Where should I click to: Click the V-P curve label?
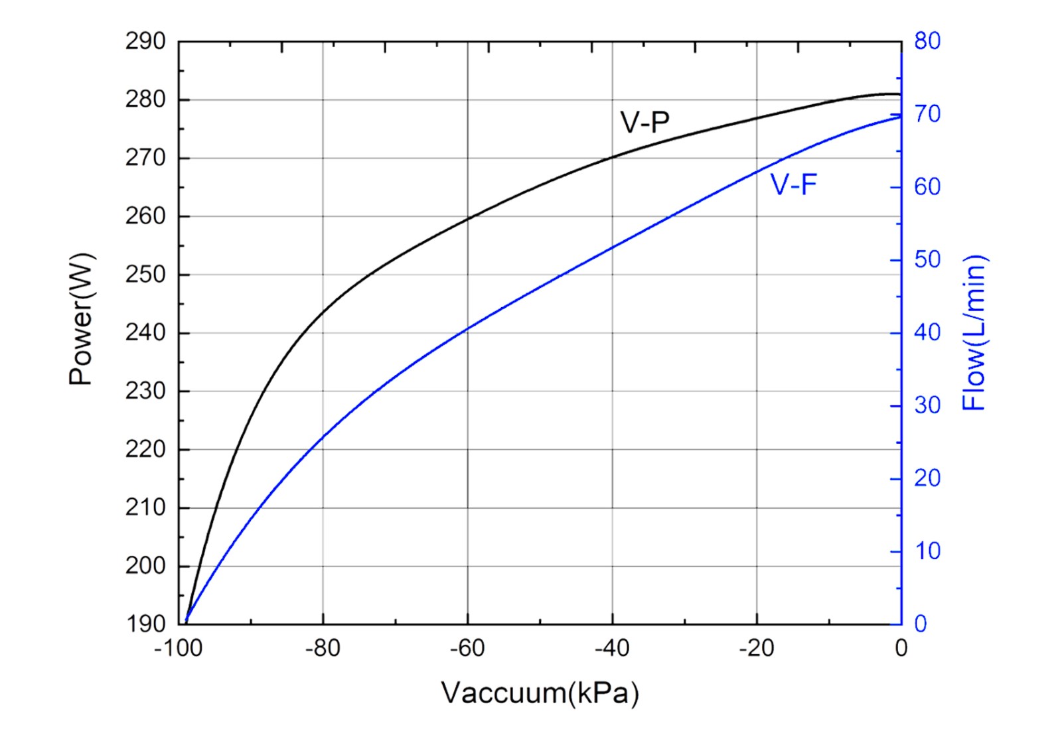(645, 122)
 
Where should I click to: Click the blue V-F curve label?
(793, 184)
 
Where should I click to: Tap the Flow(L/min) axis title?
(974, 333)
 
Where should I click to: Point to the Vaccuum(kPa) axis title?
(540, 693)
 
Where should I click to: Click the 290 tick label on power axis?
(145, 42)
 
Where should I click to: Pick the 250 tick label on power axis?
(145, 275)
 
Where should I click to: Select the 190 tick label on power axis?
(145, 624)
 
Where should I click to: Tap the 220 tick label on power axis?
(145, 449)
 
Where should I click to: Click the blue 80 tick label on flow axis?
(927, 41)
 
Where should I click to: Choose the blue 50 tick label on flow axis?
(927, 259)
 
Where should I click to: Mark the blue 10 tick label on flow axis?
(927, 551)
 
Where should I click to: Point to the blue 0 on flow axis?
(921, 624)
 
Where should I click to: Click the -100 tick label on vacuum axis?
(178, 648)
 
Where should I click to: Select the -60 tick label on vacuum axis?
(467, 648)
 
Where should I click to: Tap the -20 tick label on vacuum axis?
(757, 648)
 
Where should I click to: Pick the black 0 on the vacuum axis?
(901, 648)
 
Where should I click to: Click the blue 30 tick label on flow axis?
(927, 405)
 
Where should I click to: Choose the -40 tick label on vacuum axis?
(612, 648)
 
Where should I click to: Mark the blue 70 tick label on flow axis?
(927, 114)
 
